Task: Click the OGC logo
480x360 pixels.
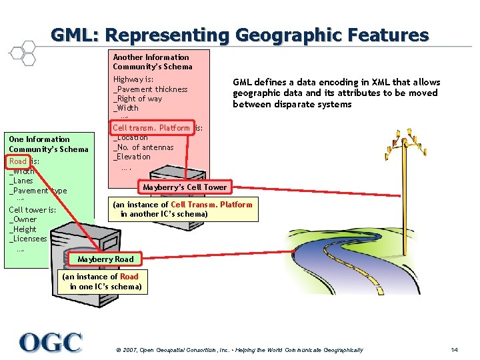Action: (51, 343)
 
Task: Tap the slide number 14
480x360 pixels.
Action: (454, 350)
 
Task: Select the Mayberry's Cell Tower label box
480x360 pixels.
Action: (185, 187)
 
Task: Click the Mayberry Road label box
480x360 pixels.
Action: (105, 259)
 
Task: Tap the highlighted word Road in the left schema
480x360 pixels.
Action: (18, 161)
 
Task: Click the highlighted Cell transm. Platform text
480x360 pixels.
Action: (151, 128)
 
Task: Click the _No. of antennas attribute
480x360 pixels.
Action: (143, 147)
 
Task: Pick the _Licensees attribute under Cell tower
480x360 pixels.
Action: (28, 239)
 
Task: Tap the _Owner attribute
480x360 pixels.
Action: (23, 219)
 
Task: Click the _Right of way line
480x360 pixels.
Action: (137, 99)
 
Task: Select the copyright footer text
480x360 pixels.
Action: (239, 350)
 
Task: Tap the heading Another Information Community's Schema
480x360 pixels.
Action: (152, 62)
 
